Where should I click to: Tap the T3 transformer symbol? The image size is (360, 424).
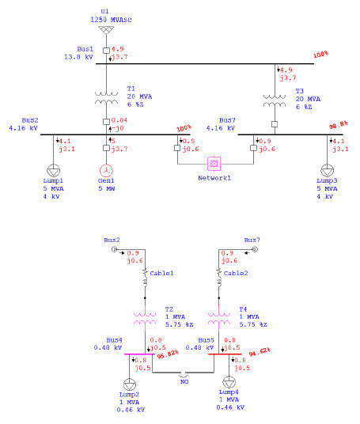coord(275,101)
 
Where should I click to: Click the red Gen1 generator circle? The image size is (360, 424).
coord(105,171)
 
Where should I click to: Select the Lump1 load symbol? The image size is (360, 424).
coord(54,171)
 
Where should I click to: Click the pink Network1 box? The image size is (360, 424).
coord(214,163)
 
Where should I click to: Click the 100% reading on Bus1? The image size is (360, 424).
coord(320,55)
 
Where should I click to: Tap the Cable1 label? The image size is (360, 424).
coord(162,272)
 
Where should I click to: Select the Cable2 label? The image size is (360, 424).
coord(236,272)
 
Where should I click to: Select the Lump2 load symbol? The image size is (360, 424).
coord(128,381)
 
